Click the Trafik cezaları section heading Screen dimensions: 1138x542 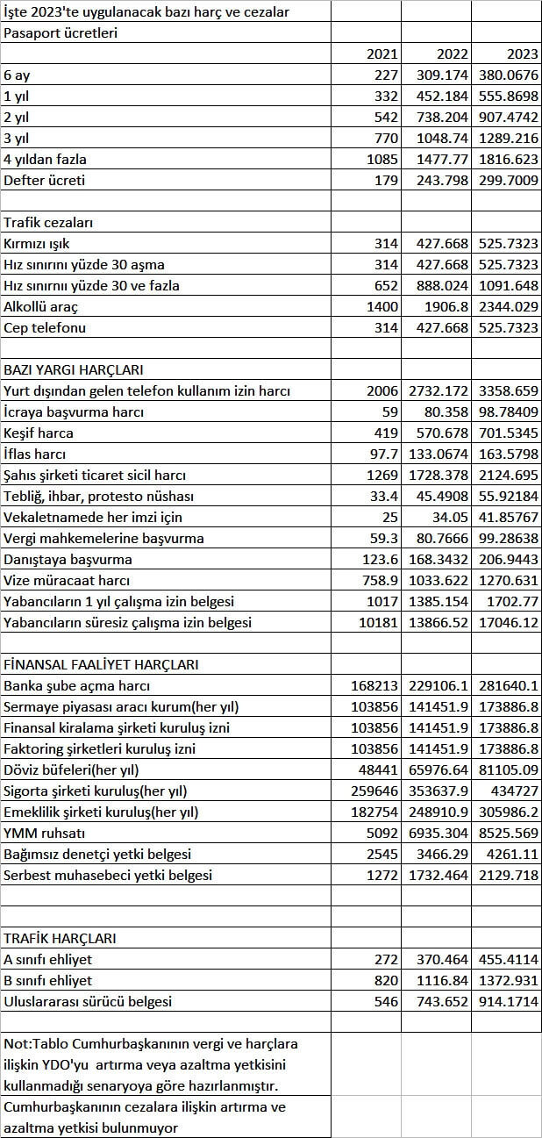tap(48, 223)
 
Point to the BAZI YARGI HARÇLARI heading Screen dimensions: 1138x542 tap(74, 370)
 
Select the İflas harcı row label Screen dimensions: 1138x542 tap(34, 454)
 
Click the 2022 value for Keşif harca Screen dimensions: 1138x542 tap(439, 433)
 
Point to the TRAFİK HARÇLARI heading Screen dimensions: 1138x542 tap(61, 939)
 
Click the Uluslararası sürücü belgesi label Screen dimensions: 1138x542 tap(88, 1002)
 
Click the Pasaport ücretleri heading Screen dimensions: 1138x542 tap(61, 33)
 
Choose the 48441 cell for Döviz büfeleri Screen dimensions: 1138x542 tap(378, 770)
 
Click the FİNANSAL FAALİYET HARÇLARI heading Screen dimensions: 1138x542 tap(101, 665)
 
